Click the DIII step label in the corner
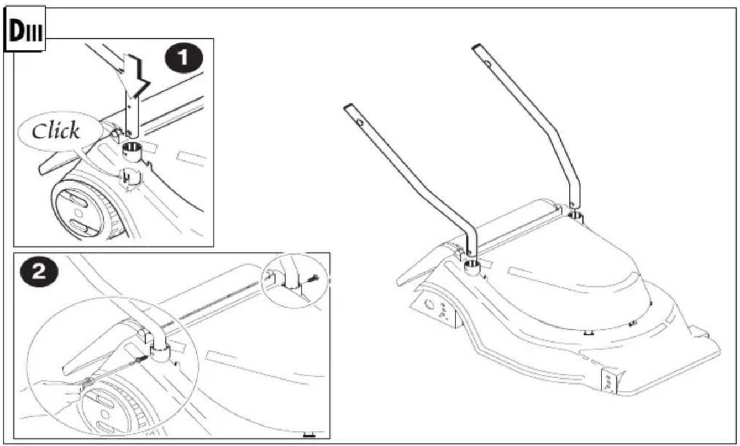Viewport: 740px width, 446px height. point(25,30)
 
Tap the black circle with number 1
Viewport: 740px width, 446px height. point(184,58)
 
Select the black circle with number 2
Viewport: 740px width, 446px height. point(39,272)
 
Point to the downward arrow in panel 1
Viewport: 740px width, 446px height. point(135,75)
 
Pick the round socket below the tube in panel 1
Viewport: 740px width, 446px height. point(132,152)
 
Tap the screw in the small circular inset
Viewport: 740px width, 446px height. point(312,279)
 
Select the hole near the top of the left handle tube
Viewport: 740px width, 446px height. point(360,123)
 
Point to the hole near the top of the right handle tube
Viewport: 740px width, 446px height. point(487,63)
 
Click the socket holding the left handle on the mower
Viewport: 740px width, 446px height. point(472,267)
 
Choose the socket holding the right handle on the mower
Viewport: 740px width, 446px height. point(575,217)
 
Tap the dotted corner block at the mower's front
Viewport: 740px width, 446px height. point(610,381)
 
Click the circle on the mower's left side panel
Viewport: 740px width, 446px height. point(430,304)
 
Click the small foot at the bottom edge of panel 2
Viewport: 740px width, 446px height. point(309,434)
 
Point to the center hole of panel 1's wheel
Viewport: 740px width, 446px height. point(78,212)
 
